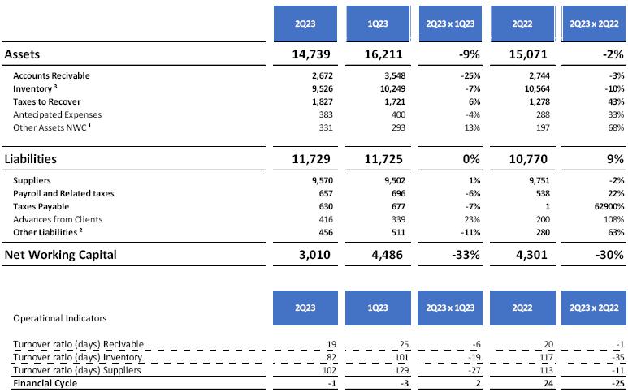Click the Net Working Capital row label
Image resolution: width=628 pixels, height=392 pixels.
click(x=61, y=255)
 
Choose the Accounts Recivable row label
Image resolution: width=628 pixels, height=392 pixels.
click(x=51, y=75)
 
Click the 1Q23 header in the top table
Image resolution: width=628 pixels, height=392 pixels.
click(x=377, y=24)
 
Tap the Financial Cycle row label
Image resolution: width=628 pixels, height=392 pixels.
click(x=45, y=383)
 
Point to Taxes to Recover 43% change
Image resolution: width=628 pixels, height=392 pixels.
click(x=614, y=101)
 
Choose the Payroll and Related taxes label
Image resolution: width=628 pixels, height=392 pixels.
click(x=63, y=194)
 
